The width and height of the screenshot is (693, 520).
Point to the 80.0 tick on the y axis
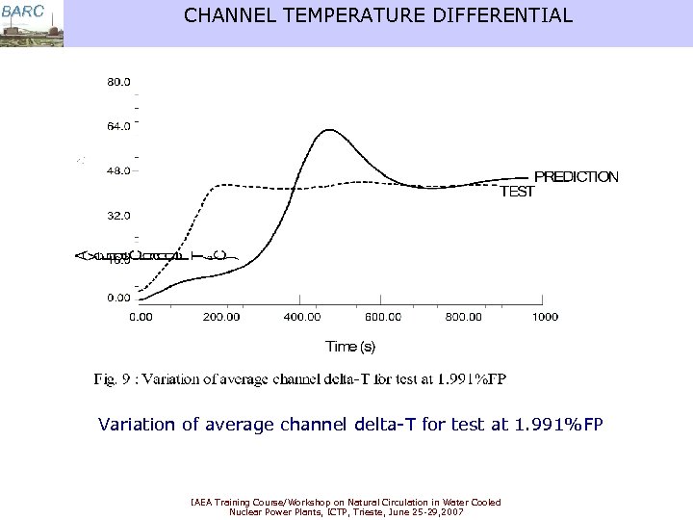pos(117,83)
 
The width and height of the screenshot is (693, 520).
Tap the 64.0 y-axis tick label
pos(117,126)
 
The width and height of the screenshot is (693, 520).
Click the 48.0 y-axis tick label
pos(117,170)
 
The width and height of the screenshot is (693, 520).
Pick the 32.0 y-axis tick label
pos(117,215)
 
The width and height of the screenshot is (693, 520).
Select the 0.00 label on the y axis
pos(117,298)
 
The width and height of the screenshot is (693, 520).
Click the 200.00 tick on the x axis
pos(221,317)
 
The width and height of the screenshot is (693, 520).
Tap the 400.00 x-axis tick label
pos(303,317)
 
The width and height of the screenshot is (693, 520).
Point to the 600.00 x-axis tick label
pos(384,317)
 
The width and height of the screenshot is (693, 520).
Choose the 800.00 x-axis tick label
pos(465,317)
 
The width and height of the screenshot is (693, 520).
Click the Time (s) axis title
pos(350,347)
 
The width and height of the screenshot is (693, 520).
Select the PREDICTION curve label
pos(576,177)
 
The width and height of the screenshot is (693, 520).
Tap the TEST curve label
pos(516,192)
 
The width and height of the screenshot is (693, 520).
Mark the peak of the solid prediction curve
pos(329,129)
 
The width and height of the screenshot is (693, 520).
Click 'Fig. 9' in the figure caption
pos(114,379)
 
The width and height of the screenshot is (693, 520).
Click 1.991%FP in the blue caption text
pos(558,423)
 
